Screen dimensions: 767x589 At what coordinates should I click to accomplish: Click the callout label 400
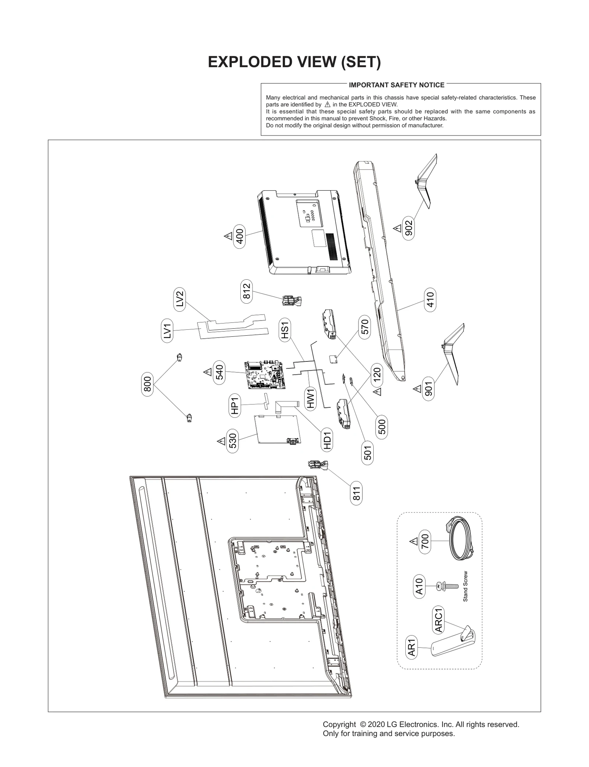tap(240, 236)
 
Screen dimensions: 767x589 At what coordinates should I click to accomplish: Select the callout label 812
tap(247, 291)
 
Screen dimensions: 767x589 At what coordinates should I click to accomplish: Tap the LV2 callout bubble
tap(179, 300)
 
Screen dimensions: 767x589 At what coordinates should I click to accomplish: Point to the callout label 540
tap(219, 372)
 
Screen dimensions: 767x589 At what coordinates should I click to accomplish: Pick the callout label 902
tap(409, 229)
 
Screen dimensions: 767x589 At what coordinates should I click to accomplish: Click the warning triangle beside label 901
tap(417, 389)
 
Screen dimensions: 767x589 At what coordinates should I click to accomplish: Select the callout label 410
tap(430, 300)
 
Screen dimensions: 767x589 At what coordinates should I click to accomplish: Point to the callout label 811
tap(356, 494)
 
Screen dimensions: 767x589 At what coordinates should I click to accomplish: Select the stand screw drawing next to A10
tap(447, 586)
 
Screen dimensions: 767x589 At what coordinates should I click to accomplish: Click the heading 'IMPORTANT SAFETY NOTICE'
tap(396, 85)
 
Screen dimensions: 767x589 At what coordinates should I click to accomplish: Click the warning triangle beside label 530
tap(221, 441)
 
